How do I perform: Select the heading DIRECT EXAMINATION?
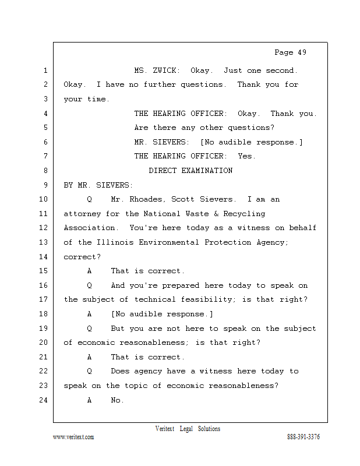[x=190, y=171]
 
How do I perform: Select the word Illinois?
[x=113, y=242]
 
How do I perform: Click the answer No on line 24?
[x=117, y=400]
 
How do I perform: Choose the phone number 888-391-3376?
[x=303, y=437]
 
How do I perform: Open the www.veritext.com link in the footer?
[x=73, y=437]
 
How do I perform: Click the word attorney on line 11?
[x=82, y=214]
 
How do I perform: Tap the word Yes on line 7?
[x=246, y=156]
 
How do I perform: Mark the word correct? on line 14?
[x=82, y=256]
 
